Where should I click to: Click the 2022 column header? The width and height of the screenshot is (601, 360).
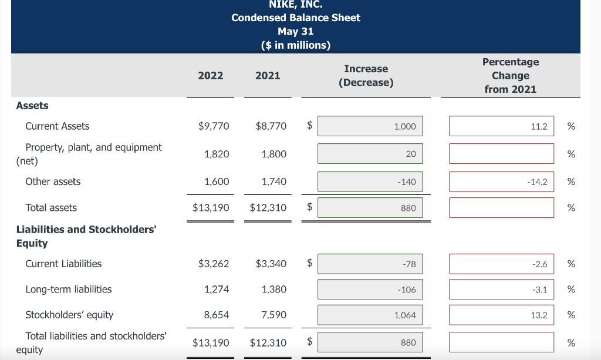click(211, 75)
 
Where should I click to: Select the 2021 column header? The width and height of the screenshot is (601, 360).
click(268, 75)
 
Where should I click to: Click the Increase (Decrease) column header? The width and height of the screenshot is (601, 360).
click(366, 76)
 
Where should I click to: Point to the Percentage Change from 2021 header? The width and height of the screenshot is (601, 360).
click(510, 75)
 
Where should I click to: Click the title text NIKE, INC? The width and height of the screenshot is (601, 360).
click(296, 5)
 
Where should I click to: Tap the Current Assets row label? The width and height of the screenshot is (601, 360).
click(58, 126)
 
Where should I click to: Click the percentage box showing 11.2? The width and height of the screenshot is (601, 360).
click(501, 126)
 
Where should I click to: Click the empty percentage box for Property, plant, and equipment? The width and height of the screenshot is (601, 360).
click(501, 154)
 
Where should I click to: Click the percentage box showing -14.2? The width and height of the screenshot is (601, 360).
click(501, 182)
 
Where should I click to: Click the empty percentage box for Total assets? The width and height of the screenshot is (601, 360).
click(501, 207)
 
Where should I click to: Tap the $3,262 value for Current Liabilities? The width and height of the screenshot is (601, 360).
click(214, 264)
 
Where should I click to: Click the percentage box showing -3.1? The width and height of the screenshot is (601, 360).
click(501, 290)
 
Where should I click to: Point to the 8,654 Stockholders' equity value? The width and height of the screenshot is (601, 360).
click(217, 315)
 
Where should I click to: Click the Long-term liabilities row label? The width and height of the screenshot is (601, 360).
click(69, 290)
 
